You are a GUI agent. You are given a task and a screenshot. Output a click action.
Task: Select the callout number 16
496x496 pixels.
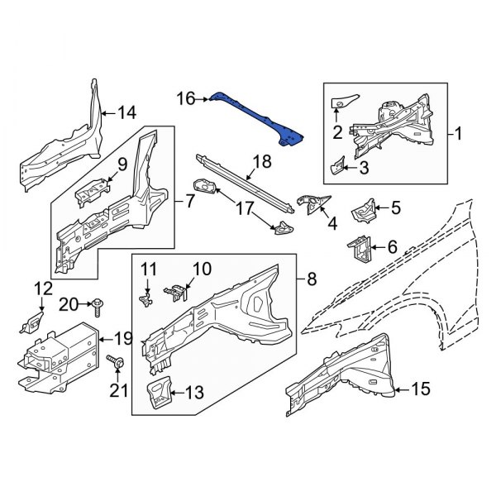point(186,98)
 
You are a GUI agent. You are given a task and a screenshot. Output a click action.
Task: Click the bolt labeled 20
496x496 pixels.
point(98,305)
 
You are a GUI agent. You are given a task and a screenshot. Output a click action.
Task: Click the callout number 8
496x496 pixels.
point(311,280)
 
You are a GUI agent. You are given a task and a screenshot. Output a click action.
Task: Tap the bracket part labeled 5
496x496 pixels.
point(363,210)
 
